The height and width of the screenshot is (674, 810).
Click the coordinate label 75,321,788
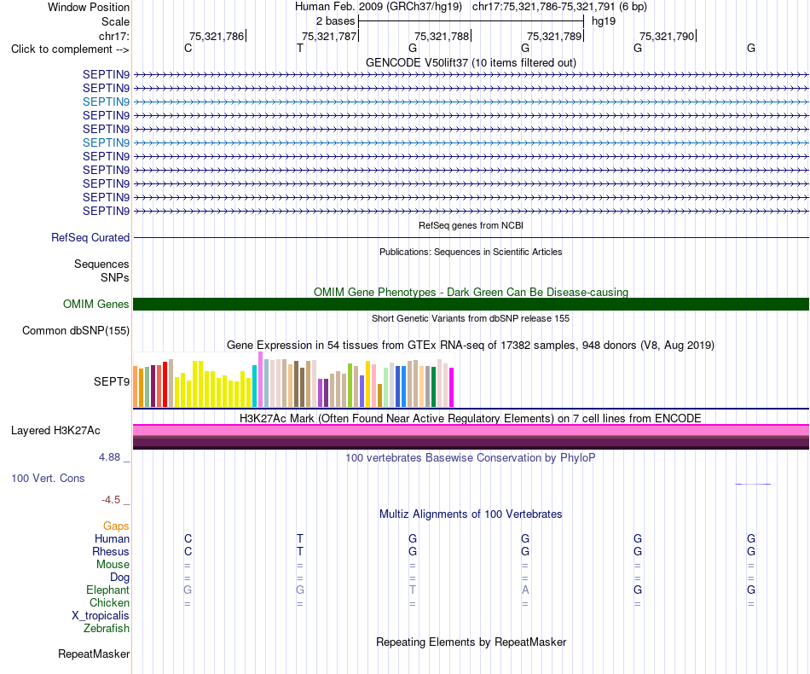442,36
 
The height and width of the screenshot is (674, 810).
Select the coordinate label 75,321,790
667,36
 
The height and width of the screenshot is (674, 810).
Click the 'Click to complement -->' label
70,49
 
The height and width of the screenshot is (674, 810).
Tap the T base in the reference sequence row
300,48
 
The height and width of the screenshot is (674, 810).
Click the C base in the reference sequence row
188,48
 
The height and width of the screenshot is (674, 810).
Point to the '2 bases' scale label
336,21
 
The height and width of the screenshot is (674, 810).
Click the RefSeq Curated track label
90,238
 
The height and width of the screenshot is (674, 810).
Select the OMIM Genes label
96,304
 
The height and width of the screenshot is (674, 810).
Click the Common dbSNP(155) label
76,331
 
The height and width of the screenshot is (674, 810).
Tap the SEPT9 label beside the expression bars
112,381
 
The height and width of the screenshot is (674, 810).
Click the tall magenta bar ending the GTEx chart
452,387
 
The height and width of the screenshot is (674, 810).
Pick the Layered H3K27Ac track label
55,431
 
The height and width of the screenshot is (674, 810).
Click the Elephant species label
108,590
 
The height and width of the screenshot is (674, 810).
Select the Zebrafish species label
107,629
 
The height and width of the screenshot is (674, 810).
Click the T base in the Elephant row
412,590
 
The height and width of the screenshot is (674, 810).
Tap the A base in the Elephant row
525,590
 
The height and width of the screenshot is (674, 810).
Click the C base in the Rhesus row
188,551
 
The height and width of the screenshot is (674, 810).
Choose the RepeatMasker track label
94,654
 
